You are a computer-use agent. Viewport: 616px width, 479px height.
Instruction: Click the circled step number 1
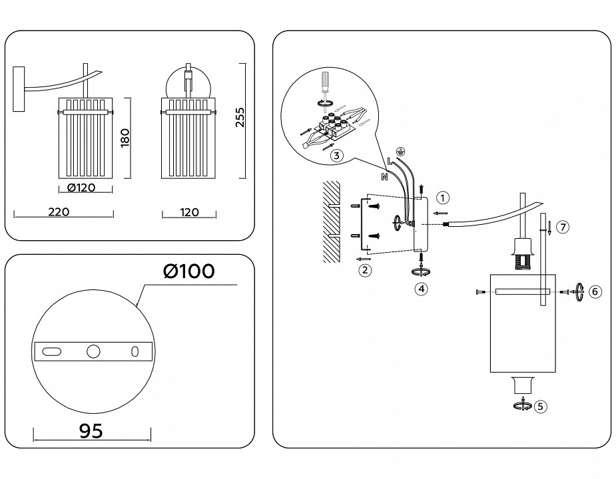point(444,198)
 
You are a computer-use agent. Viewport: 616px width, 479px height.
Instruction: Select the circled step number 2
point(364,270)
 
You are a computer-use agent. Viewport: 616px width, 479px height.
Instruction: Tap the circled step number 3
point(337,156)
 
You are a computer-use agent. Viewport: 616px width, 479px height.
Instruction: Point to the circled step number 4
point(421,289)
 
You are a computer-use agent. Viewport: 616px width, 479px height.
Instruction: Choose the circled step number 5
point(540,405)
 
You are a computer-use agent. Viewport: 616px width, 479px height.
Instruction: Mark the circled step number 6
point(595,291)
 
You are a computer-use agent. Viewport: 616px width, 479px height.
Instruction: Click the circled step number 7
point(563,228)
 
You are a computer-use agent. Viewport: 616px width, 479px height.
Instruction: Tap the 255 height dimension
point(240,120)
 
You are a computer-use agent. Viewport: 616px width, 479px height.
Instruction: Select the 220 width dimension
point(59,212)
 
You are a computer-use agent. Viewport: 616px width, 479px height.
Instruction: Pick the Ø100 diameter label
point(188,271)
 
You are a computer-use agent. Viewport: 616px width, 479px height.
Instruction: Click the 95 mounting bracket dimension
point(91,430)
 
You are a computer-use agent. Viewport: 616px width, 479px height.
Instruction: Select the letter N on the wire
point(384,177)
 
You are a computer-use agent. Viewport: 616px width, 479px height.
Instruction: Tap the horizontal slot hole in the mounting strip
point(51,351)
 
